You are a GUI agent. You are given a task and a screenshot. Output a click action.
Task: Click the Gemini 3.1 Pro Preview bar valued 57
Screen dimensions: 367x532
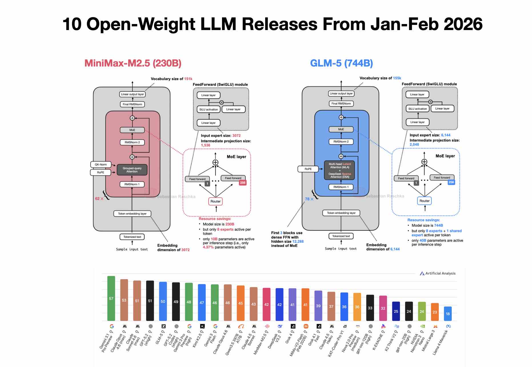[111, 298]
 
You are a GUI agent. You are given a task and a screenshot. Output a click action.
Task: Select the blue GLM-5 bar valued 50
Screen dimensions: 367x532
[163, 301]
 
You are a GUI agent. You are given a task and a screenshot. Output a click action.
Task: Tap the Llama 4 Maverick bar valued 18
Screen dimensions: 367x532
[448, 314]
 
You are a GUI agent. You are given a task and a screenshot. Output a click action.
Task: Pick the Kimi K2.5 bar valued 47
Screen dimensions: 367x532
[202, 302]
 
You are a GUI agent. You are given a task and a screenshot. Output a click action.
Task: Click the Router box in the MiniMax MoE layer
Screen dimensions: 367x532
[215, 201]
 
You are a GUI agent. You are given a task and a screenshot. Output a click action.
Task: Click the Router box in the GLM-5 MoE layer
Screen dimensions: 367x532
[424, 201]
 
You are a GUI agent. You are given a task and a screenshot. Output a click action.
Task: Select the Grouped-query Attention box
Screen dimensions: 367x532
[132, 170]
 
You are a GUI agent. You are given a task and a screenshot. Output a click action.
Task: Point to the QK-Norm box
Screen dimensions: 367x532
[101, 165]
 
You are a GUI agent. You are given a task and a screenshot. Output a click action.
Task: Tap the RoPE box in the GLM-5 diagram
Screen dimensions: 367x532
[308, 169]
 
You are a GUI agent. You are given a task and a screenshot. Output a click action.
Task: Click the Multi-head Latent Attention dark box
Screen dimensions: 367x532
[339, 170]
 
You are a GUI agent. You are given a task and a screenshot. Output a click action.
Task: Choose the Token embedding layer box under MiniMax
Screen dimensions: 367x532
[132, 214]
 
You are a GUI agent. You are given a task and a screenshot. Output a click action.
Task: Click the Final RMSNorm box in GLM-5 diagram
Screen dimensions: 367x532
[341, 104]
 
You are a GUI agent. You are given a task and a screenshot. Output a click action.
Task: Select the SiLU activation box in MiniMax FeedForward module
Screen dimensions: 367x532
[209, 109]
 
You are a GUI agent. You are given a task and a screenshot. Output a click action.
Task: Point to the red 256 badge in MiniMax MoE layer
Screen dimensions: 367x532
[243, 183]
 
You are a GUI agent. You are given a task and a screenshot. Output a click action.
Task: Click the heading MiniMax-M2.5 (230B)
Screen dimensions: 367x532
[133, 63]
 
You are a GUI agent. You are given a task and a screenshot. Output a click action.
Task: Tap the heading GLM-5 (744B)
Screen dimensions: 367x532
[341, 63]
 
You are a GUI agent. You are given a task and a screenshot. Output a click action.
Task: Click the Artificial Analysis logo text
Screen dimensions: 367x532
[440, 273]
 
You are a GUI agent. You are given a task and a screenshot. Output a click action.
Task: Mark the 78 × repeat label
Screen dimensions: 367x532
[309, 199]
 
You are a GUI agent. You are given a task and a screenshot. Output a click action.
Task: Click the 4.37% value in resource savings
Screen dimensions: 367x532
[208, 247]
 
